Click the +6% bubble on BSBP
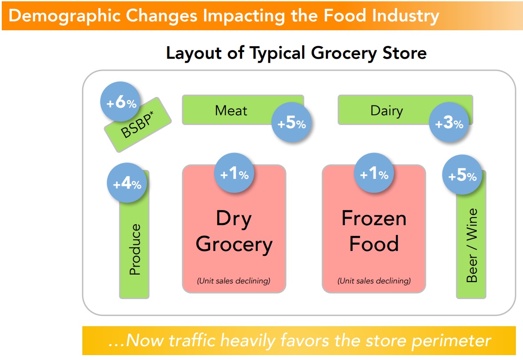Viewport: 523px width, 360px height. coord(121,101)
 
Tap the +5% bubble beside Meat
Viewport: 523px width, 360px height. coord(292,122)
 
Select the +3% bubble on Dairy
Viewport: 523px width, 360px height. coord(449,122)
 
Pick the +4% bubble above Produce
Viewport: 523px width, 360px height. coord(127,183)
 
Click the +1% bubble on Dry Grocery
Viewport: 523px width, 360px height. coord(234,173)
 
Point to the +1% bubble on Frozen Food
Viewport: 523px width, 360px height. coord(374,173)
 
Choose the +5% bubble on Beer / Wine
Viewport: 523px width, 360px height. coord(462,175)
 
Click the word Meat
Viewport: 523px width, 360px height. coord(231,111)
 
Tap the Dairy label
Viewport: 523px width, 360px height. coord(387,111)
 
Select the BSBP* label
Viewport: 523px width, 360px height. coord(138,124)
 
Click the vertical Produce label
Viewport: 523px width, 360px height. coord(135,249)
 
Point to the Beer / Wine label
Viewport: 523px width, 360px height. coord(472,246)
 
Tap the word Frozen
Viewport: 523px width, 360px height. coord(374,218)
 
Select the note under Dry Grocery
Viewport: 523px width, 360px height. coord(234,281)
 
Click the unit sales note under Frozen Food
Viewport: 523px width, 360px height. coord(374,281)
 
